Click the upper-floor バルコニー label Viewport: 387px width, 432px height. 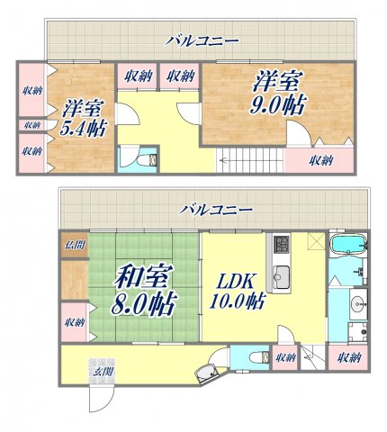point(201,40)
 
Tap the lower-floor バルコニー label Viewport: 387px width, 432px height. point(215,209)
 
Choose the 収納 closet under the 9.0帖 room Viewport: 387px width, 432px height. point(319,161)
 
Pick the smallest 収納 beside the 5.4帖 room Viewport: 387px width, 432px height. point(31,125)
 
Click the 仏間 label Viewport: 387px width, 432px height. point(73,244)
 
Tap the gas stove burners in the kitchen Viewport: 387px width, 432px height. point(280,243)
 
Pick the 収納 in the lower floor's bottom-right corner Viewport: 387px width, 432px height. point(348,358)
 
